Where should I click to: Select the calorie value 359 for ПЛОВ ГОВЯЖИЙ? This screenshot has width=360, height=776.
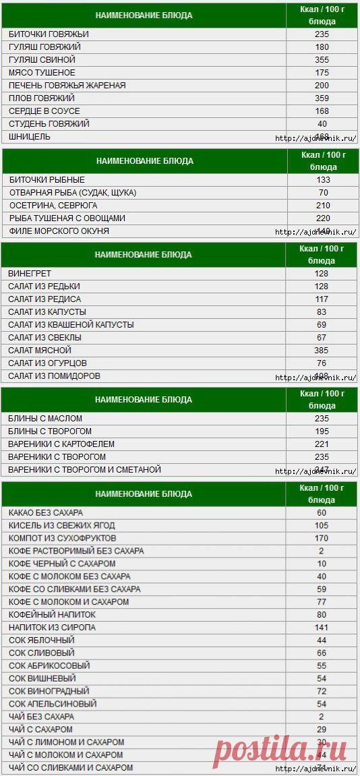[322, 98]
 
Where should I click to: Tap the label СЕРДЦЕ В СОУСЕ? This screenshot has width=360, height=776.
[44, 111]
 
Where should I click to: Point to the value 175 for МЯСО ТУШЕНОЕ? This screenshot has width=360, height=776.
[322, 72]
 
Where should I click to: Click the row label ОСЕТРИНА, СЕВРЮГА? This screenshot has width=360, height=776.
[53, 205]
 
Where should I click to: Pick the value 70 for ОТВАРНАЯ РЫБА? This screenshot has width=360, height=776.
[322, 192]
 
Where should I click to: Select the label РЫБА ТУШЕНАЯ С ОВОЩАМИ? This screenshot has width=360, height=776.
[67, 218]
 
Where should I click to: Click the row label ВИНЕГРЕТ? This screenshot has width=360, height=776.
[30, 273]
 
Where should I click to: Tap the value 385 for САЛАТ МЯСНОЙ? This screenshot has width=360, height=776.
[321, 350]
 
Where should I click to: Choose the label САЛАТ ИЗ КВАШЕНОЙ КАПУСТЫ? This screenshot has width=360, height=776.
[71, 324]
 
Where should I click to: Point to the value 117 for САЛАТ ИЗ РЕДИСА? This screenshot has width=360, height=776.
[321, 299]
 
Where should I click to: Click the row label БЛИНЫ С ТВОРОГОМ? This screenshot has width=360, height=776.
[50, 431]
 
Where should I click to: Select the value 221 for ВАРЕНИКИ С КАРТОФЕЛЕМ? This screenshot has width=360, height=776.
[321, 444]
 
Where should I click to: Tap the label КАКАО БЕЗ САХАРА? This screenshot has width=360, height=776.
[46, 512]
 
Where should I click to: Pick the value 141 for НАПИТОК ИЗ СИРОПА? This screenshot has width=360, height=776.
[321, 627]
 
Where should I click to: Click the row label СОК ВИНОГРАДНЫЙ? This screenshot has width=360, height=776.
[49, 691]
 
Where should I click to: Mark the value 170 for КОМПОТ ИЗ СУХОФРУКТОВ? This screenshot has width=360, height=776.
[321, 538]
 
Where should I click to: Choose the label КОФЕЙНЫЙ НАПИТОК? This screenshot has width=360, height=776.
[52, 614]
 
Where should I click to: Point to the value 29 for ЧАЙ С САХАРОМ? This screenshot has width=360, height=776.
[321, 729]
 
